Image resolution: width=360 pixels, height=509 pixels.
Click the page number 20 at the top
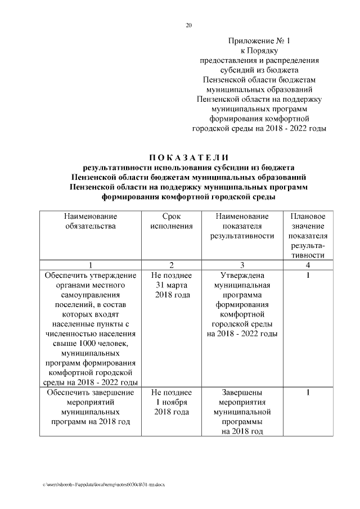click(x=189, y=25)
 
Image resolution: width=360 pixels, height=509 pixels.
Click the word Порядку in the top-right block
click(x=267, y=51)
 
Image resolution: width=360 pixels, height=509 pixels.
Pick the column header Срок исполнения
click(x=172, y=221)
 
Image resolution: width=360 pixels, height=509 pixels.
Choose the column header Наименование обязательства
click(x=90, y=221)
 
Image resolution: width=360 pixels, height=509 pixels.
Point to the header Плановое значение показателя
click(x=308, y=231)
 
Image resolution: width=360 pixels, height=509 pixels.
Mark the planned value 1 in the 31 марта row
click(x=308, y=275)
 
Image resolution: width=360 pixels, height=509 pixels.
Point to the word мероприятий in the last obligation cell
click(x=90, y=402)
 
